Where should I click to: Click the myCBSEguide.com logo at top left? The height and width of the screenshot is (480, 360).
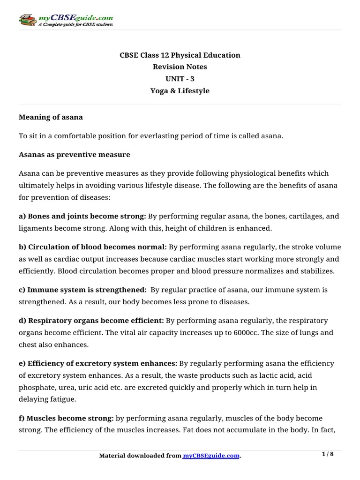tap(66, 19)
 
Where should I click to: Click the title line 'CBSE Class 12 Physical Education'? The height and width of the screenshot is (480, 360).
tap(180, 55)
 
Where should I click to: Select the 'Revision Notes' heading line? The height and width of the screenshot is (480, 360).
tap(180, 67)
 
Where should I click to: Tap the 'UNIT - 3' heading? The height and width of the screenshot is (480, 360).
tap(180, 79)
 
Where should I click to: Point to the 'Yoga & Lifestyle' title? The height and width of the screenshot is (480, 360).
tap(180, 91)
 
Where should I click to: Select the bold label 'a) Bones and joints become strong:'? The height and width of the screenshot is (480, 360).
tap(82, 216)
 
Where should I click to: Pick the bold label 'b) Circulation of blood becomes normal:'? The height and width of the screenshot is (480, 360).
tap(92, 247)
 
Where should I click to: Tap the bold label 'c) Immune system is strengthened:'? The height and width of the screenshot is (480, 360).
tap(82, 290)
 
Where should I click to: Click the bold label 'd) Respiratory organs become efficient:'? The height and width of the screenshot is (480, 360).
tap(91, 321)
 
